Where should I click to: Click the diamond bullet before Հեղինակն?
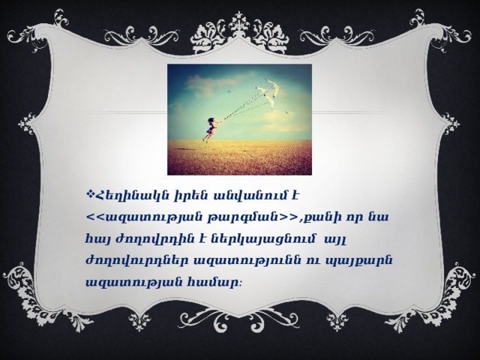pyautogui.click(x=91, y=193)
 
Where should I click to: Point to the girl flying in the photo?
pyautogui.click(x=210, y=129)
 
